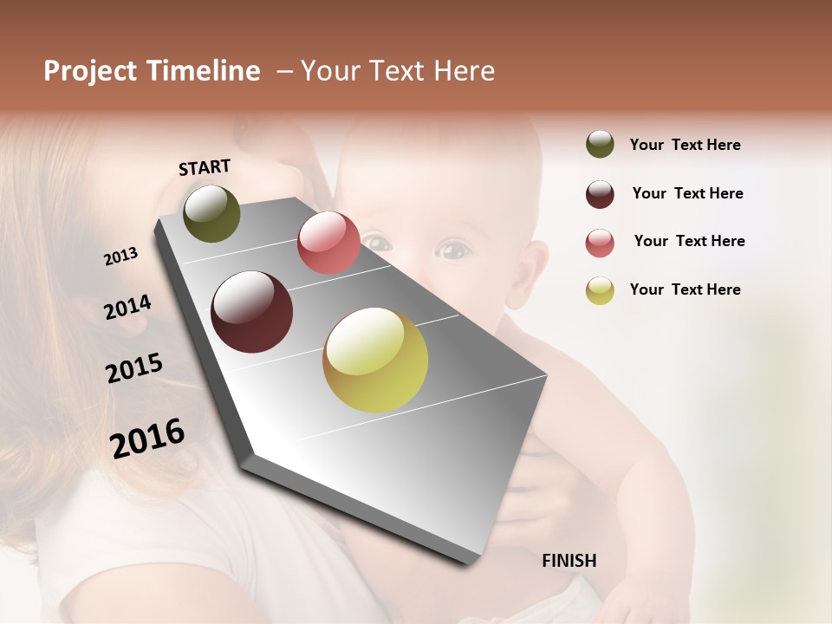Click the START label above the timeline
tap(205, 167)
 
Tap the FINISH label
tap(569, 561)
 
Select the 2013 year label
tap(121, 257)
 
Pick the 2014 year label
tap(127, 307)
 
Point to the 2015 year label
tap(134, 368)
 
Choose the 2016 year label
tap(147, 438)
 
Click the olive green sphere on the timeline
tap(211, 213)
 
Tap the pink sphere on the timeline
tap(328, 243)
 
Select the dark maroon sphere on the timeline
tap(252, 312)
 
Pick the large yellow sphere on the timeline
tap(375, 360)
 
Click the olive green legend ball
tap(600, 145)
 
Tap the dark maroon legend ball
tap(600, 194)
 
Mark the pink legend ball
tap(600, 243)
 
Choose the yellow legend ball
tap(600, 290)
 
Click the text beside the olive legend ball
tap(686, 145)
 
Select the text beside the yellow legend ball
tap(686, 289)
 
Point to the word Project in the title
tap(89, 71)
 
